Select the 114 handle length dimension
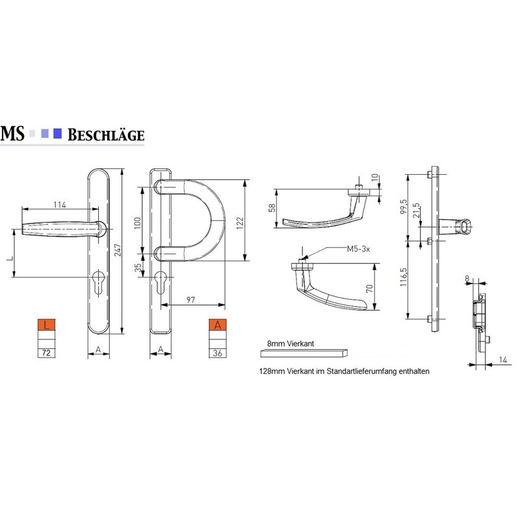tap(60, 205)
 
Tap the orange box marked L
tap(46, 324)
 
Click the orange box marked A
tap(218, 324)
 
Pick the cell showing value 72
tap(46, 353)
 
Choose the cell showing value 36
tap(218, 353)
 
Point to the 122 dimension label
tap(240, 221)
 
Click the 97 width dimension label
tap(190, 300)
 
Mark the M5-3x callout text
tap(358, 249)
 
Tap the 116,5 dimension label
tap(403, 278)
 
